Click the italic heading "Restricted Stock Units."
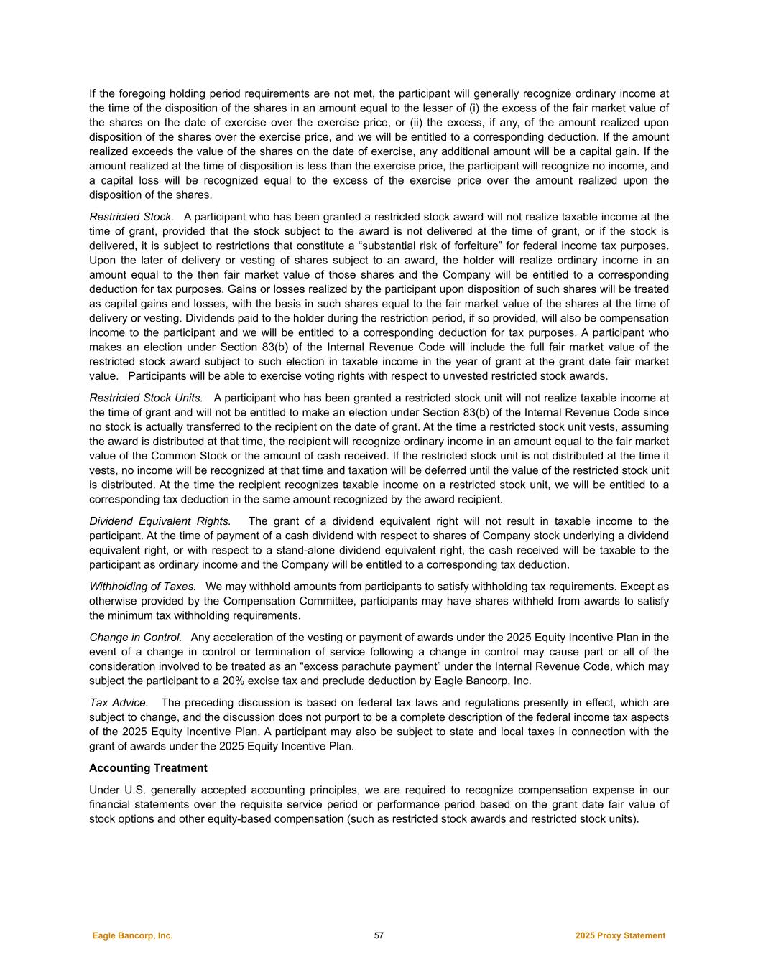pyautogui.click(x=146, y=398)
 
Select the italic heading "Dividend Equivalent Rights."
pyautogui.click(x=160, y=521)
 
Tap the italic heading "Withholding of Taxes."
pyautogui.click(x=142, y=587)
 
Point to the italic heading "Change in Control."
pyautogui.click(x=135, y=638)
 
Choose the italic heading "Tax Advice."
pyautogui.click(x=119, y=703)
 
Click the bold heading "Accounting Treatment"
pyautogui.click(x=148, y=768)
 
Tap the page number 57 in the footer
pyautogui.click(x=379, y=935)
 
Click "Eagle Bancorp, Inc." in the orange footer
pyautogui.click(x=132, y=935)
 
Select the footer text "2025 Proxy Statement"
pyautogui.click(x=620, y=935)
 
